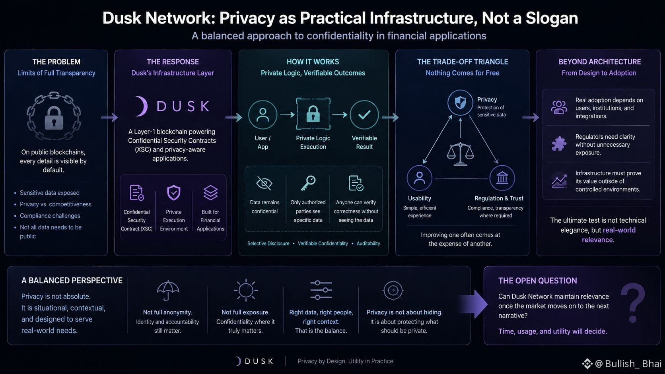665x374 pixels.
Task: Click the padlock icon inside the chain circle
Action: [54, 118]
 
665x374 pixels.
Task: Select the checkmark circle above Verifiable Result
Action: [364, 115]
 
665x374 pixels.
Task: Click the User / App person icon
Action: [263, 115]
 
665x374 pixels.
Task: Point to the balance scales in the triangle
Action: [460, 154]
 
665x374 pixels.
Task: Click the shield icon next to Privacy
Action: [460, 103]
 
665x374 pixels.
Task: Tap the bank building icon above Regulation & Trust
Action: [502, 178]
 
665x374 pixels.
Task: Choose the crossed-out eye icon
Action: [264, 183]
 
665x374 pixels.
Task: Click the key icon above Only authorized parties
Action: [308, 183]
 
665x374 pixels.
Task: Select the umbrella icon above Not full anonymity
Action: [168, 291]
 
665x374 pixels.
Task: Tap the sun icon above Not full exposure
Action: [246, 290]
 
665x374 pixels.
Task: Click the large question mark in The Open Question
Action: [633, 303]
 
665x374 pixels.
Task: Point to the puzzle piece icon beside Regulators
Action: [559, 144]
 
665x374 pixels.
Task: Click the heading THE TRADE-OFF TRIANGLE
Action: [463, 62]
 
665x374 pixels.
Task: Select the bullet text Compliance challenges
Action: [50, 216]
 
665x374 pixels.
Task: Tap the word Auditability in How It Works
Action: [368, 244]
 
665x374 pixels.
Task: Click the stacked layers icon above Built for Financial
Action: [210, 192]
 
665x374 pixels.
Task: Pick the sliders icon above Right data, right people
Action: [321, 290]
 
